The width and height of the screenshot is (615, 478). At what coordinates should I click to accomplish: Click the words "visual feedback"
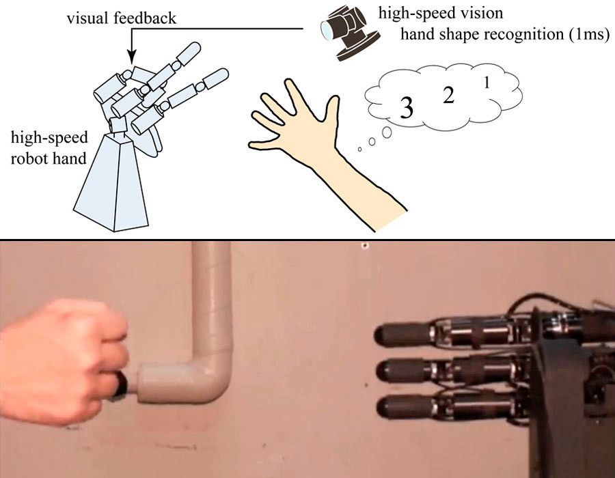pyautogui.click(x=121, y=18)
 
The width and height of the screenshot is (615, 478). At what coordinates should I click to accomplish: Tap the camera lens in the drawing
pyautogui.click(x=326, y=31)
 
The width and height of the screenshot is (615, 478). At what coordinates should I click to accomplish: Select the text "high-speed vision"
pyautogui.click(x=441, y=14)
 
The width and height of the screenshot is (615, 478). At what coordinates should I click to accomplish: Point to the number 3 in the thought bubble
pyautogui.click(x=407, y=108)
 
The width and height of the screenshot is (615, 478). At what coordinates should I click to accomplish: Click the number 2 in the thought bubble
pyautogui.click(x=448, y=95)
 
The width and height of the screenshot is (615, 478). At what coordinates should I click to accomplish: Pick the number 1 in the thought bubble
pyautogui.click(x=487, y=83)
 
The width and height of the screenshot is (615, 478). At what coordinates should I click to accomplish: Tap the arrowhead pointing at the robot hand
pyautogui.click(x=132, y=57)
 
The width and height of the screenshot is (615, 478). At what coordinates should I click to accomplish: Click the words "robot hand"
pyautogui.click(x=49, y=158)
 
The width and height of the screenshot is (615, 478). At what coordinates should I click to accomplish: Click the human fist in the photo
pyautogui.click(x=63, y=361)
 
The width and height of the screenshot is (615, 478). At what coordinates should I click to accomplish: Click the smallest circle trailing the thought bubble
pyautogui.click(x=359, y=150)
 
